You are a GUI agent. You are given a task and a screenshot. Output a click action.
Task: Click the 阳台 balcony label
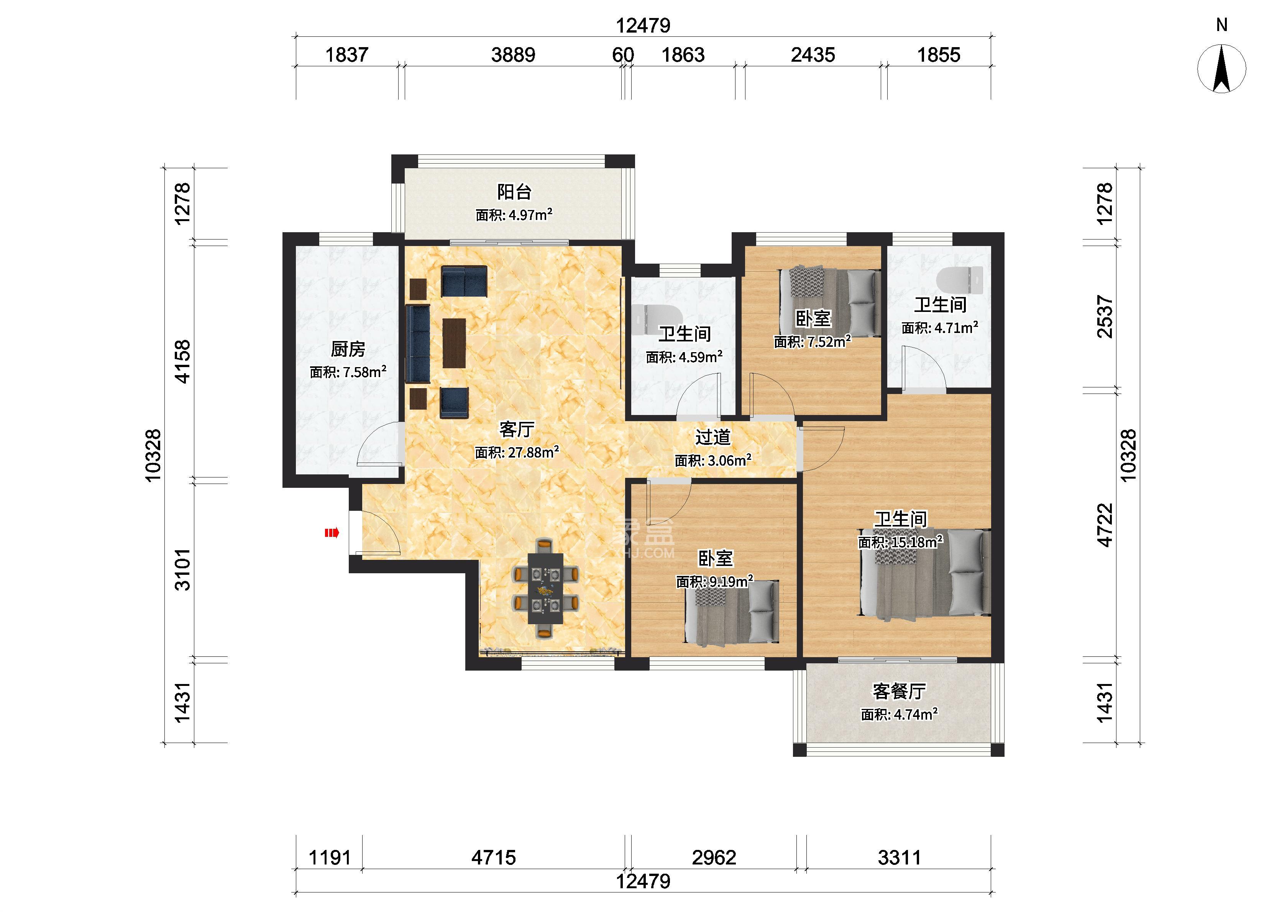pyautogui.click(x=514, y=192)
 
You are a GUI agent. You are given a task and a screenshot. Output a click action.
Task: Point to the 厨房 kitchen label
pyautogui.click(x=348, y=349)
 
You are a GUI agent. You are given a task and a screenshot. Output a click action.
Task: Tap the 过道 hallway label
pyautogui.click(x=712, y=437)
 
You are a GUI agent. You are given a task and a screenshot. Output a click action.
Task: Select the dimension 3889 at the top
pyautogui.click(x=513, y=55)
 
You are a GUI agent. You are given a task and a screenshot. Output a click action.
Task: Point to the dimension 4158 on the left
pyautogui.click(x=183, y=362)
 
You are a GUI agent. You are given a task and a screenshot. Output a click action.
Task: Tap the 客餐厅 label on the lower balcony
pyautogui.click(x=899, y=691)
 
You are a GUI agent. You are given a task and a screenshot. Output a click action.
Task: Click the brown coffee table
pyautogui.click(x=454, y=343)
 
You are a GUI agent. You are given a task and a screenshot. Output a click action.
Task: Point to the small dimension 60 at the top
pyautogui.click(x=623, y=55)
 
